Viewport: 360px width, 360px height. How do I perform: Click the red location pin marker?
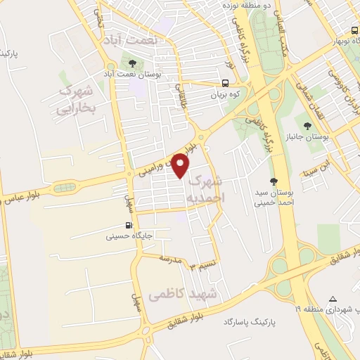click(x=181, y=166)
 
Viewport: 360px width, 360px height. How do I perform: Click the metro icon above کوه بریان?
click(x=226, y=82)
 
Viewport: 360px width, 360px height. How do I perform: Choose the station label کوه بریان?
click(x=226, y=94)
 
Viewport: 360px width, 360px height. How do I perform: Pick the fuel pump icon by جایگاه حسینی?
click(x=127, y=226)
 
